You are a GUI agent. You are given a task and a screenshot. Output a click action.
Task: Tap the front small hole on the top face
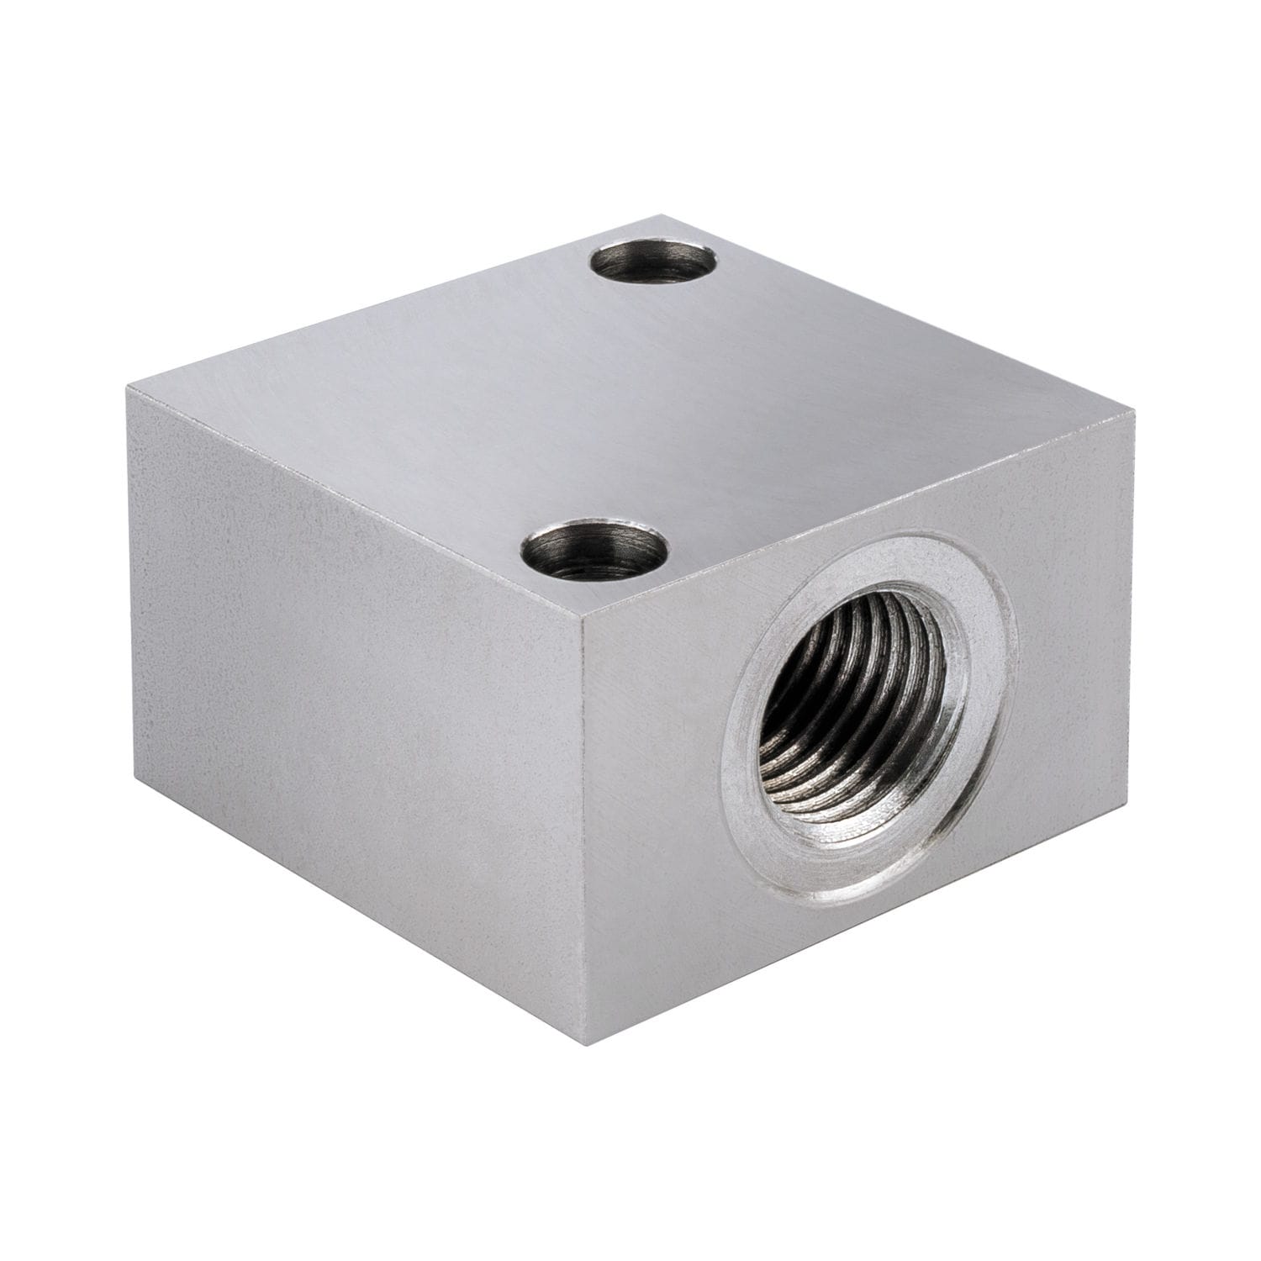(594, 554)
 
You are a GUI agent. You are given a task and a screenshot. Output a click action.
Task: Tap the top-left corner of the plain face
(128, 388)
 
